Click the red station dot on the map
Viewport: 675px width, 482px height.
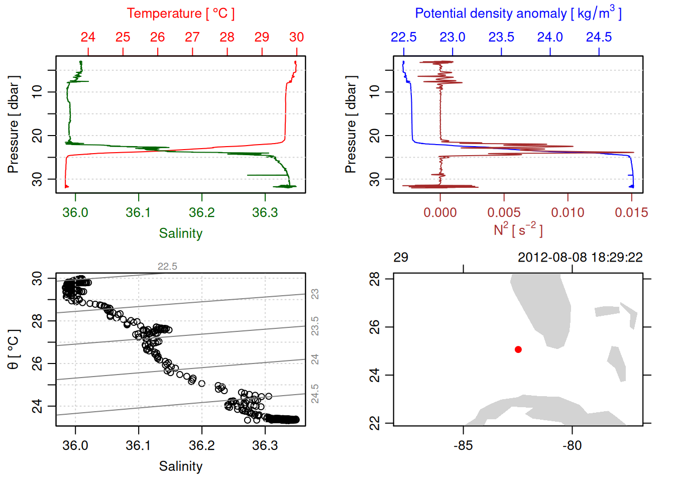click(x=518, y=349)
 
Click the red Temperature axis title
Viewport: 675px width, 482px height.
click(x=180, y=14)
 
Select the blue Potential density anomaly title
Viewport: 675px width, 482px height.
click(x=518, y=14)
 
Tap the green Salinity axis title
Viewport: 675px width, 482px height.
click(x=180, y=233)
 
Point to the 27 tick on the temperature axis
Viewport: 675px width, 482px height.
click(x=192, y=38)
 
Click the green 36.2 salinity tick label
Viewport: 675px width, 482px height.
click(x=201, y=213)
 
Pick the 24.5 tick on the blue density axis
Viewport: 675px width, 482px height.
click(x=599, y=38)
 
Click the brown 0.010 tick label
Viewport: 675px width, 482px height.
click(x=568, y=213)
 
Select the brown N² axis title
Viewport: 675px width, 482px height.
click(x=518, y=230)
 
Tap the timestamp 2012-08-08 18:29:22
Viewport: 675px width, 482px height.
click(x=580, y=258)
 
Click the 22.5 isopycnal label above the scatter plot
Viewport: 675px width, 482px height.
click(x=167, y=267)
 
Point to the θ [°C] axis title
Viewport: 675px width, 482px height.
click(x=14, y=349)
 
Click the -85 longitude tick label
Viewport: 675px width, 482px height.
click(x=463, y=446)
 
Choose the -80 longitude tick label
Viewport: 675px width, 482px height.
click(x=572, y=446)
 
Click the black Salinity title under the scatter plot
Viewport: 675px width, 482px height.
click(x=180, y=466)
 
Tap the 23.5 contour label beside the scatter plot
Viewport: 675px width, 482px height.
click(x=315, y=326)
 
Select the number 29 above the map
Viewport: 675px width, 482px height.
click(x=401, y=258)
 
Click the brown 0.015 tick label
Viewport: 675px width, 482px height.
click(x=631, y=213)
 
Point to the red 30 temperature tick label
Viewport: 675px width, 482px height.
click(x=296, y=38)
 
